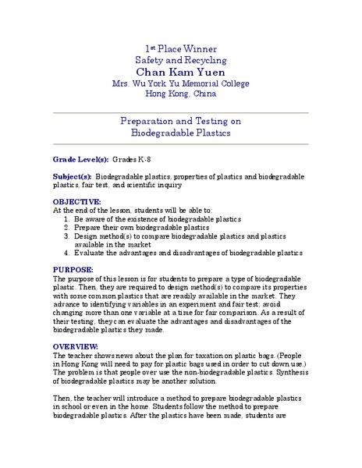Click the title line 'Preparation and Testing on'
pyautogui.click(x=180, y=122)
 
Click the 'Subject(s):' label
pyautogui.click(x=71, y=177)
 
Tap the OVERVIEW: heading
pyautogui.click(x=76, y=346)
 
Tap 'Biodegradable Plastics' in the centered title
pyautogui.click(x=180, y=133)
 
